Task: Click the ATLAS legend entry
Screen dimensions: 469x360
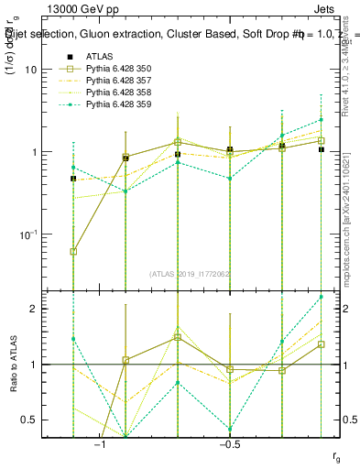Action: click(x=98, y=56)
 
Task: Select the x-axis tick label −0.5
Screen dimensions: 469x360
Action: click(x=229, y=444)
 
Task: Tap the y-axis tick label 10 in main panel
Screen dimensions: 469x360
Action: click(x=38, y=70)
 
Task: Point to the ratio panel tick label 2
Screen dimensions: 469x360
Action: click(x=41, y=309)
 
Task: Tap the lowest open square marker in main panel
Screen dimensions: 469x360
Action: click(x=73, y=251)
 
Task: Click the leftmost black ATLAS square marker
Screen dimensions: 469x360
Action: click(x=73, y=179)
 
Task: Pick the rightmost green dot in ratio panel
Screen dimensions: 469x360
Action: click(x=322, y=297)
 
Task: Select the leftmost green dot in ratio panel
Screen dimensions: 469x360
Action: click(x=73, y=339)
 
